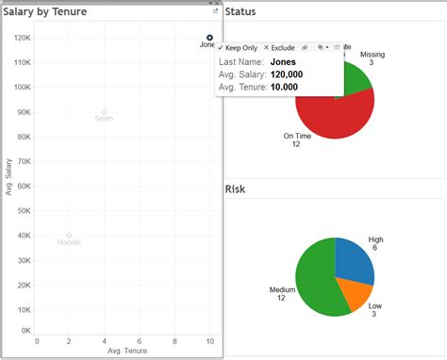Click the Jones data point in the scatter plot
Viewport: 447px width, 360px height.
click(209, 38)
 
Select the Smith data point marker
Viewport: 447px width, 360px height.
click(104, 112)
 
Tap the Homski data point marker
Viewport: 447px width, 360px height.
click(69, 236)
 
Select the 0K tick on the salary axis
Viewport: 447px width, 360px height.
click(27, 331)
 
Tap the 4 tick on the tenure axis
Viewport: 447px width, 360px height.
click(104, 341)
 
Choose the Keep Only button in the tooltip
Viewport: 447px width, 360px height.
click(238, 47)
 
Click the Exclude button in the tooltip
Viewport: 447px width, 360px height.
click(279, 47)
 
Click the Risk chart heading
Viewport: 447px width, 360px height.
click(236, 189)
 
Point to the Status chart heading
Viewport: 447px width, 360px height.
click(242, 11)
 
